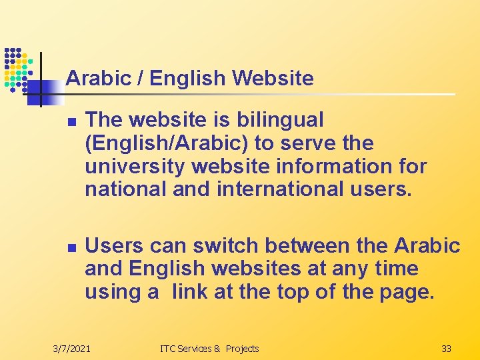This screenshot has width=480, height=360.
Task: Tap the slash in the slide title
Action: [x=140, y=79]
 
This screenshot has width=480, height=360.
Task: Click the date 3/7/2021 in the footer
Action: [x=72, y=349]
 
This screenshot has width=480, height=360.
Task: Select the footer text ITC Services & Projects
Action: [x=209, y=349]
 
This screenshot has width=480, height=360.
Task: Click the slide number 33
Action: [x=446, y=349]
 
